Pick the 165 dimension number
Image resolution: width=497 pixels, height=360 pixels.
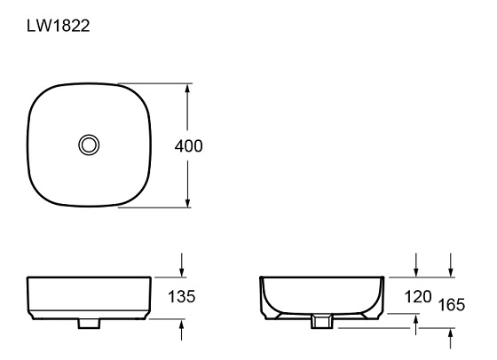coord(453,305)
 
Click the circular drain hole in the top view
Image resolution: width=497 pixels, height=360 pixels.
coord(88,145)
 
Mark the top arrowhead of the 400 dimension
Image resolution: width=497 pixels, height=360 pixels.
coord(188,90)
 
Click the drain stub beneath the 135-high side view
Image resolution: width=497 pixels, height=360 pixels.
coord(88,324)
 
